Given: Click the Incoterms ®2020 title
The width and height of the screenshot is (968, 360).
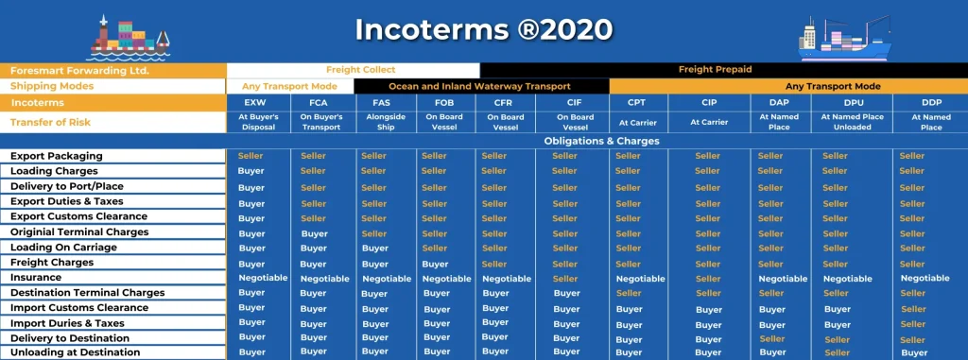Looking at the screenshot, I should click(x=484, y=29).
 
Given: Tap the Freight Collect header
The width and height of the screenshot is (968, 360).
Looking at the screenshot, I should click(x=360, y=70).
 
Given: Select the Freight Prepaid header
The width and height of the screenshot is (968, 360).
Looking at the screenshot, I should click(x=715, y=70).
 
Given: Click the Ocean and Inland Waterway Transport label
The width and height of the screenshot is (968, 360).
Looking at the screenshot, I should click(x=480, y=86).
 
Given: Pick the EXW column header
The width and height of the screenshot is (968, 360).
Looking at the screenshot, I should click(x=254, y=102).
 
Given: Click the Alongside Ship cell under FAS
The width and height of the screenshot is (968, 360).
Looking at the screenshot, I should click(x=374, y=122).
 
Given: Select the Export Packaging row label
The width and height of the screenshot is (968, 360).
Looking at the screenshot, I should click(x=56, y=156).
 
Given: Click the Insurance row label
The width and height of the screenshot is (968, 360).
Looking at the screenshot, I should click(x=36, y=278).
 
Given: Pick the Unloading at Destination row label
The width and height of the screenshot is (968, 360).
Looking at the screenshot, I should click(x=75, y=352).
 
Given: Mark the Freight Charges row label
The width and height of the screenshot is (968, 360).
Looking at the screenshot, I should click(x=52, y=263).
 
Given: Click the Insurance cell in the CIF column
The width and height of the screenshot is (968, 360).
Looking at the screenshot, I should click(x=565, y=279).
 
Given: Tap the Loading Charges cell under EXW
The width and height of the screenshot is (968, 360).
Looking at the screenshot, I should click(x=251, y=171).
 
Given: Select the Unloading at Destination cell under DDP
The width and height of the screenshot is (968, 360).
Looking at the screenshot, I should click(x=913, y=352).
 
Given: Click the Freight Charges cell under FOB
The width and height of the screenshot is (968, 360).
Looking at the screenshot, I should click(x=435, y=265).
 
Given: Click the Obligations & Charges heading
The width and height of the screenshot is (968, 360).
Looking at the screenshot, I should click(x=601, y=141).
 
